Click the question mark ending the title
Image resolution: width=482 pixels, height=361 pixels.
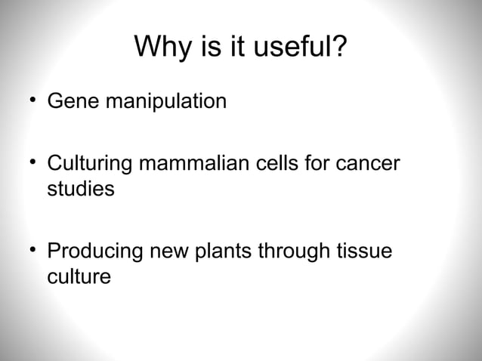339,49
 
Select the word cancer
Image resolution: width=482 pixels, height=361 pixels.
366,165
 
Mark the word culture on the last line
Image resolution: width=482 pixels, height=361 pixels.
79,276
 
